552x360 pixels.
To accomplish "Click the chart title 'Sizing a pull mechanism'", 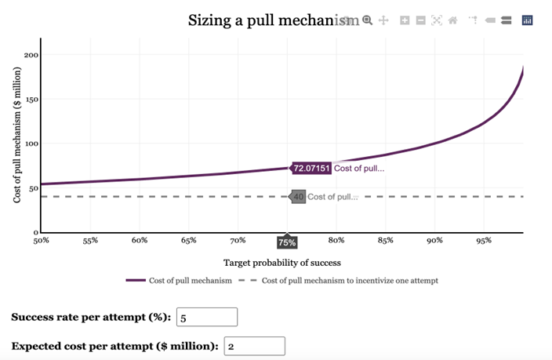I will (267, 20).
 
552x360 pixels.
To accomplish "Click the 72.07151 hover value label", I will (312, 168).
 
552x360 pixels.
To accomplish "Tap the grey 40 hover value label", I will (298, 197).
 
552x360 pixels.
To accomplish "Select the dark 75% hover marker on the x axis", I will (287, 243).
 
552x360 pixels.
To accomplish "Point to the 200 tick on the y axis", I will (31, 55).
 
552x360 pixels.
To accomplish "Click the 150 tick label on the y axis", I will (31, 100).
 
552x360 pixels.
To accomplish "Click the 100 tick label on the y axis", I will (31, 144).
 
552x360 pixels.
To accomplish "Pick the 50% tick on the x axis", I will (41, 241).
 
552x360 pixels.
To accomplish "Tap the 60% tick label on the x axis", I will (140, 241).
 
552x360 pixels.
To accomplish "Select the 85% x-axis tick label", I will (385, 241).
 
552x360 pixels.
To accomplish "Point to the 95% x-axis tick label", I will (483, 241).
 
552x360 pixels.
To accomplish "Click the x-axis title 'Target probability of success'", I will (282, 262).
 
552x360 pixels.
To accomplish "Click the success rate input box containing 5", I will (207, 318).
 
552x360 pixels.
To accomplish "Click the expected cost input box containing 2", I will (255, 346).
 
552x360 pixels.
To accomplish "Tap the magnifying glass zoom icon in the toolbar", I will (367, 20).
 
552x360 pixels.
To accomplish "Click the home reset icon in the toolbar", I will (452, 20).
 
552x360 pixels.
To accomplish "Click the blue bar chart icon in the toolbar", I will (527, 20).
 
